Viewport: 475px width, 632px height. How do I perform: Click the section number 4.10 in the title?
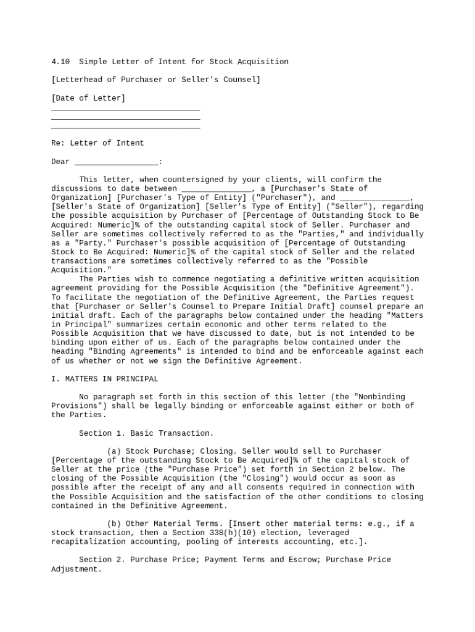(x=60, y=62)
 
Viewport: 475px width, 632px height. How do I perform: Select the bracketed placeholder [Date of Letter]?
(x=88, y=98)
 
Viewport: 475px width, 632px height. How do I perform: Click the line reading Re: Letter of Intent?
(x=97, y=143)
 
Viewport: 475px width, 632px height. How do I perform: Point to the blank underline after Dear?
(x=116, y=162)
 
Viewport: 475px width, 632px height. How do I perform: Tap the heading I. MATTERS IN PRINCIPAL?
(x=104, y=379)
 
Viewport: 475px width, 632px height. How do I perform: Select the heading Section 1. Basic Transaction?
(x=146, y=433)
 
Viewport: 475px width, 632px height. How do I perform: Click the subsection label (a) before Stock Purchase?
(x=114, y=451)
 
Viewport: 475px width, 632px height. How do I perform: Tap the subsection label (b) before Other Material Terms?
(x=114, y=523)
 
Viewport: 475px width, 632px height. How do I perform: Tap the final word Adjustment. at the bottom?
(x=76, y=569)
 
